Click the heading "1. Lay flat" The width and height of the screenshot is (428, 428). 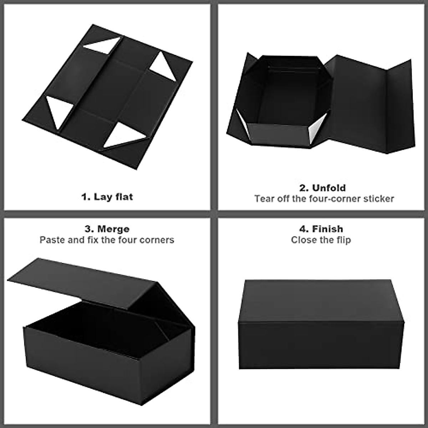(107, 197)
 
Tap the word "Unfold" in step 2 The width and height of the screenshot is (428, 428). (329, 188)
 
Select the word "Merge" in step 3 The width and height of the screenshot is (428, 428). (113, 229)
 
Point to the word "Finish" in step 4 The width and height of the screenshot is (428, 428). (327, 229)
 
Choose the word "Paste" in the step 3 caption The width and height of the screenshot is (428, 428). (52, 240)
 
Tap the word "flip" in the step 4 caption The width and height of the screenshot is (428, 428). (343, 240)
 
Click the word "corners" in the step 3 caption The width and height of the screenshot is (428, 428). (157, 240)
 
